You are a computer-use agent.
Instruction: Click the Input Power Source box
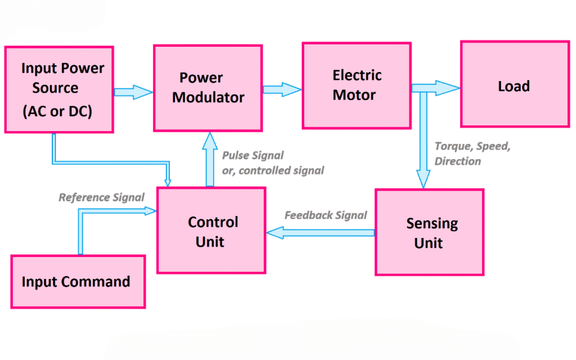(x=59, y=89)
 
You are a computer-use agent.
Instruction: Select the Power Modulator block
(x=208, y=88)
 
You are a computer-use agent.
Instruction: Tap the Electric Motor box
(x=357, y=85)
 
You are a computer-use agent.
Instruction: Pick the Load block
(x=514, y=84)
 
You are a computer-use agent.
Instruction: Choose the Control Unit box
(x=211, y=231)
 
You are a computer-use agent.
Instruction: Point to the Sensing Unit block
(x=429, y=232)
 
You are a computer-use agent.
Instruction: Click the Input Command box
(x=78, y=281)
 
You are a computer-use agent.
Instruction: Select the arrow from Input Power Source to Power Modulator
(x=133, y=92)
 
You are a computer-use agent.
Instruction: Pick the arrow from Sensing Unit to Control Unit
(x=321, y=232)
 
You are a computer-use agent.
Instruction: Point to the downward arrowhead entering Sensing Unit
(x=422, y=179)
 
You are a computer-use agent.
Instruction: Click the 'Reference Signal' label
(x=101, y=197)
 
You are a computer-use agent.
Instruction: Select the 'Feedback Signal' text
(x=326, y=215)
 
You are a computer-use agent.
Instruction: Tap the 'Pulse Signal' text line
(x=253, y=155)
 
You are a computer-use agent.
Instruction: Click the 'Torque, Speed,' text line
(x=472, y=146)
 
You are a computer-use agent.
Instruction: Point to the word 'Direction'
(x=458, y=161)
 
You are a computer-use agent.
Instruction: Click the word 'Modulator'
(x=208, y=97)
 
